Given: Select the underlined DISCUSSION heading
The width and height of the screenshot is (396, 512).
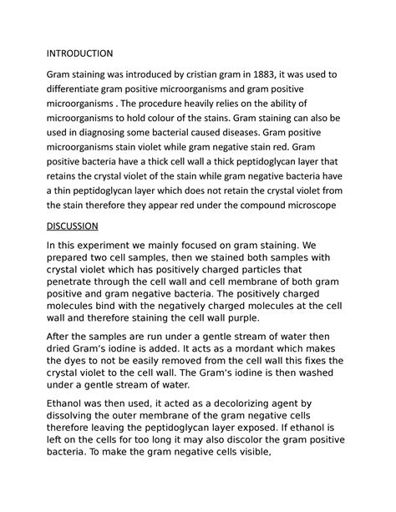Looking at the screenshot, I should coord(72,226).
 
